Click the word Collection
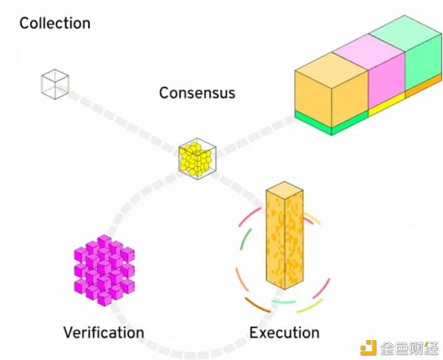55,23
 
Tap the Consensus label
197,93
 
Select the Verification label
103,332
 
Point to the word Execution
284,332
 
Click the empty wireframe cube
55,84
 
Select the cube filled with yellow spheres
197,158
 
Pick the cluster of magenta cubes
104,271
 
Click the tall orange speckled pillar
284,235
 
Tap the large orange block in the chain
331,90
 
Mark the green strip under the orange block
331,123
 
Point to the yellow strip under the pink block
387,105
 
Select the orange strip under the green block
424,87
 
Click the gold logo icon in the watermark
368,348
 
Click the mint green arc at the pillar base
284,302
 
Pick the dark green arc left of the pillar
245,239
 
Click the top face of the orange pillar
284,189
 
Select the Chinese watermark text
408,348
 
